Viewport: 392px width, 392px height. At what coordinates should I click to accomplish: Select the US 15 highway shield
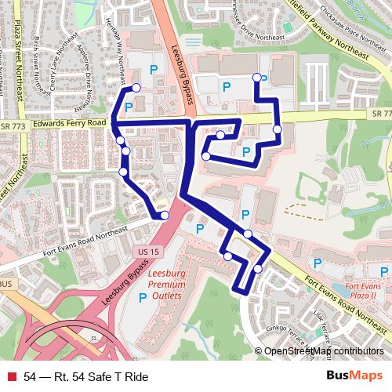(142, 251)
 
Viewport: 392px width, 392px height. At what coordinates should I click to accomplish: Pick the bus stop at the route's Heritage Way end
(136, 88)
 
